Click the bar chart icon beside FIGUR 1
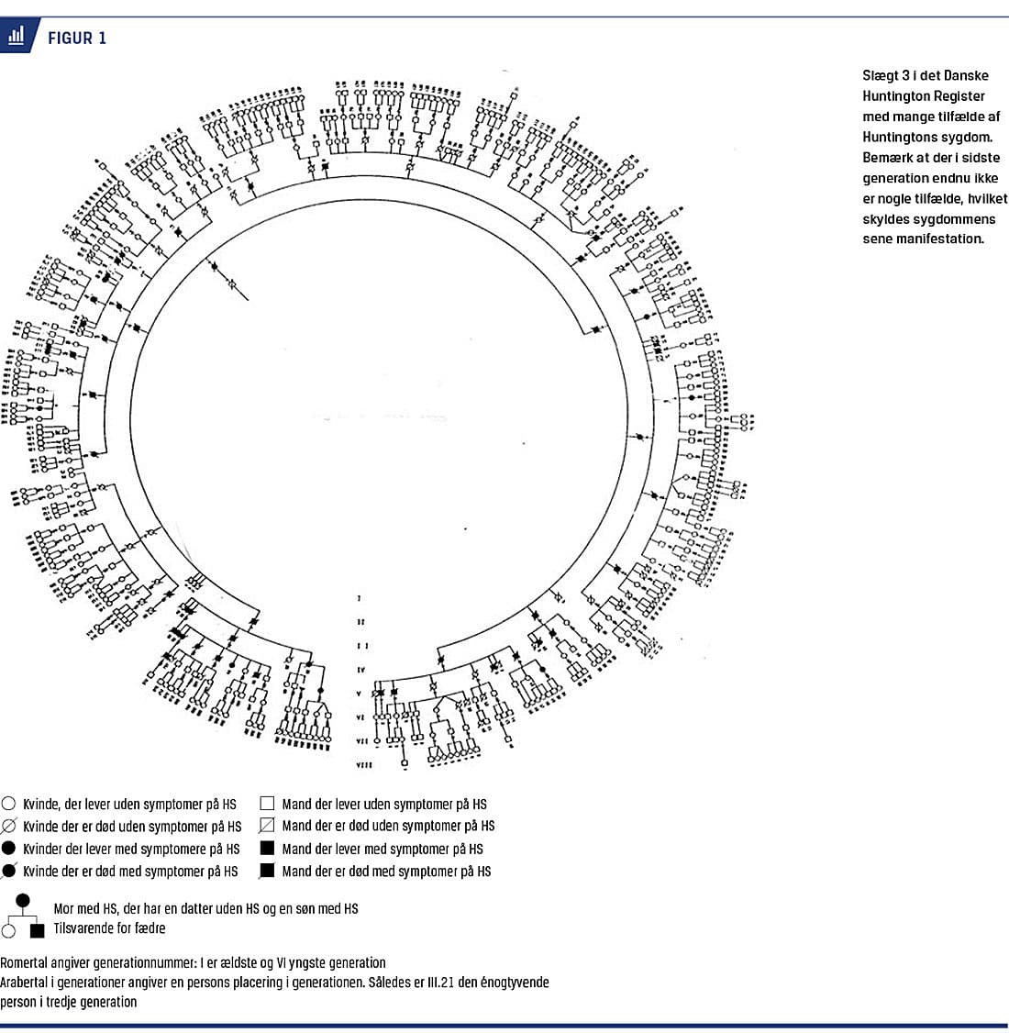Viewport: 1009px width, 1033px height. click(16, 37)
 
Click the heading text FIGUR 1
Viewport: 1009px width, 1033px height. click(77, 38)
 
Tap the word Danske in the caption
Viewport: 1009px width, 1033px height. click(966, 75)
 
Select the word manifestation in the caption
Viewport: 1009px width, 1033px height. click(940, 239)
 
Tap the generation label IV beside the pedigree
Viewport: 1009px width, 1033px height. click(360, 670)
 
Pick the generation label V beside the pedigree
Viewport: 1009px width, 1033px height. click(360, 694)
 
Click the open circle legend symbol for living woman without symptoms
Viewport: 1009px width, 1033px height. click(9, 804)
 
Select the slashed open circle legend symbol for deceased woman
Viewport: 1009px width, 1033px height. click(9, 827)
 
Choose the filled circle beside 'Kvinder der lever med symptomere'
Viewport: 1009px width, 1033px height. click(9, 849)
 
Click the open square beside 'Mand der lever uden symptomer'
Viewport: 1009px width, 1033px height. click(268, 803)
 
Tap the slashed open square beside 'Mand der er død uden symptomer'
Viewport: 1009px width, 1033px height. click(268, 826)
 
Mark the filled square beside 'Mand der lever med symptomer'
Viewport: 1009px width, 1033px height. click(268, 849)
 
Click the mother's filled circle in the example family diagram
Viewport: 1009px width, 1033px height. click(24, 901)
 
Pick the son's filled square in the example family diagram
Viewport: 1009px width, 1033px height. click(38, 931)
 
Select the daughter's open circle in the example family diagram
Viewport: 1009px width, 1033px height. click(9, 931)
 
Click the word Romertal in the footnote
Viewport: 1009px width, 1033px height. click(27, 962)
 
